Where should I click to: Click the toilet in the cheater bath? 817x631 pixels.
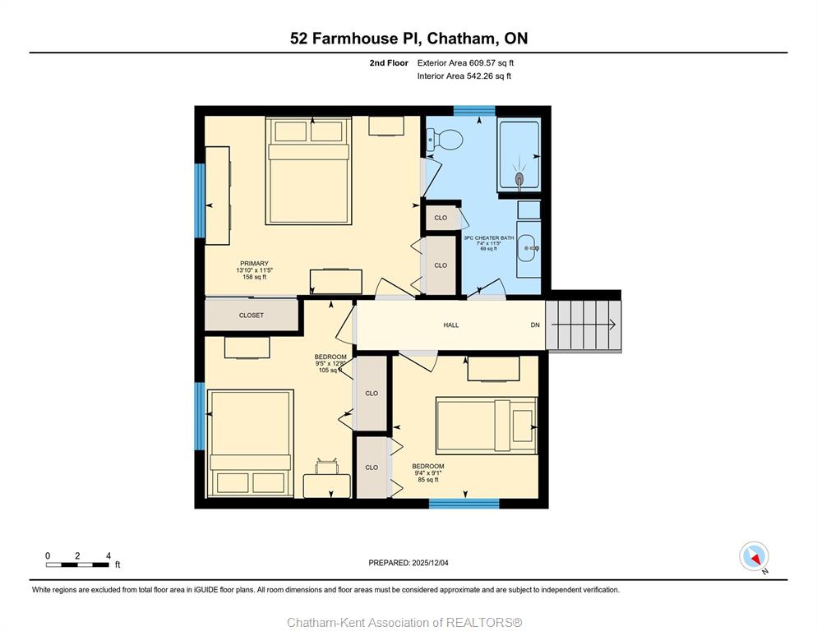(x=445, y=139)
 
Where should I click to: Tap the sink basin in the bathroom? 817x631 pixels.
(x=527, y=249)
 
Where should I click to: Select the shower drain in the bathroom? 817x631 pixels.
(x=519, y=179)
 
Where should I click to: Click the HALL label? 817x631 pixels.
(x=451, y=325)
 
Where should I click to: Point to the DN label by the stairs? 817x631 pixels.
(x=535, y=325)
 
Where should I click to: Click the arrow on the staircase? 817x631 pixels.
(x=584, y=325)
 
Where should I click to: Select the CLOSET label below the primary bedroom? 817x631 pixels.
(x=252, y=315)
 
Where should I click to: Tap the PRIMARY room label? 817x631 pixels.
(x=254, y=264)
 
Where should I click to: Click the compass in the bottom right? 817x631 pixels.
(x=754, y=556)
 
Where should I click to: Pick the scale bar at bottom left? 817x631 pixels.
(x=78, y=564)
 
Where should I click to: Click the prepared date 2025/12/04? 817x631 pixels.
(x=430, y=563)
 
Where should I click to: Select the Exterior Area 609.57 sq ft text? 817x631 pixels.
(x=465, y=63)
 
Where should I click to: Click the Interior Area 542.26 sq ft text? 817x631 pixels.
(x=464, y=76)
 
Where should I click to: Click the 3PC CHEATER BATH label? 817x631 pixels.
(x=489, y=238)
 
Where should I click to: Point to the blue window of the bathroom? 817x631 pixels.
(x=474, y=110)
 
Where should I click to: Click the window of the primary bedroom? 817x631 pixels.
(x=200, y=200)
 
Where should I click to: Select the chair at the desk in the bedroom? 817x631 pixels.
(x=326, y=466)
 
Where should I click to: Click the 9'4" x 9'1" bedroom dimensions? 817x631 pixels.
(x=427, y=473)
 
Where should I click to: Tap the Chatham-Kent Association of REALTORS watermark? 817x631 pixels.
(x=404, y=623)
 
